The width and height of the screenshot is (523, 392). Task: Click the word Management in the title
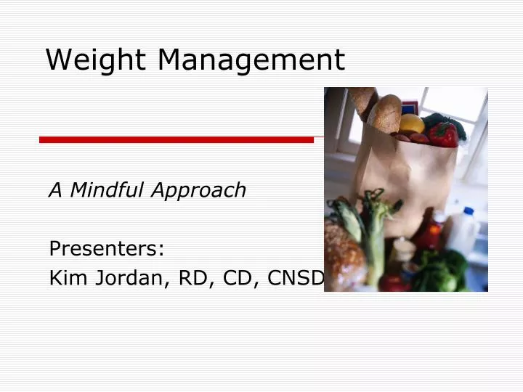click(x=251, y=60)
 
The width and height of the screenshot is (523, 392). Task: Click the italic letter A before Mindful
click(x=54, y=190)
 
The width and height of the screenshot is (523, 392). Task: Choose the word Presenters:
click(x=107, y=249)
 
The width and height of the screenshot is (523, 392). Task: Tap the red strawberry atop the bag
click(x=442, y=134)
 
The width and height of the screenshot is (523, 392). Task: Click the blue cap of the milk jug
click(x=469, y=212)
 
